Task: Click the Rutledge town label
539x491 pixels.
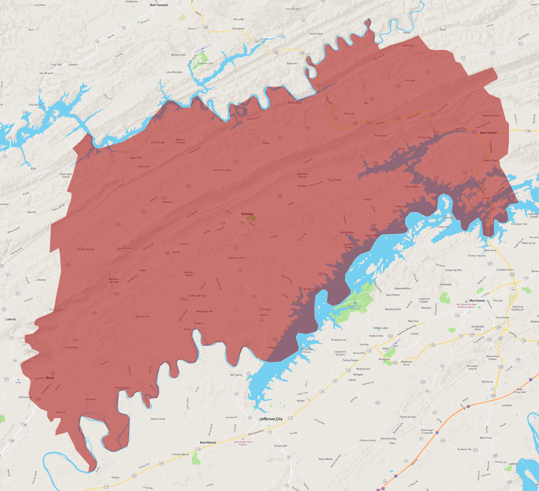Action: click(247, 214)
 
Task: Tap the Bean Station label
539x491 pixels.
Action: click(488, 133)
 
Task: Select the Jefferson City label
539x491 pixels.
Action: click(271, 419)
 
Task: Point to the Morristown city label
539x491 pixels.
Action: click(477, 301)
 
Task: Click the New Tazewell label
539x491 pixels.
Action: click(159, 5)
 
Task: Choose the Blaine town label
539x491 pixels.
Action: click(50, 378)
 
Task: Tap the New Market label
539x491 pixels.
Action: click(208, 442)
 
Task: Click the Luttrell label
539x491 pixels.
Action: click(11, 319)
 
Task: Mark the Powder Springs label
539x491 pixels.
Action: click(85, 249)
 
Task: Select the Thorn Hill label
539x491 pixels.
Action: click(349, 114)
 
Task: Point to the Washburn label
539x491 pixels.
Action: click(168, 202)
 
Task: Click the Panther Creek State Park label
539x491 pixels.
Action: click(355, 307)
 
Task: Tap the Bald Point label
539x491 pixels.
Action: click(408, 46)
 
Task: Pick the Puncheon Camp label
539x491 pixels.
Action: click(222, 170)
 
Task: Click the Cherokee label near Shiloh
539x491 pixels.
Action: click(265, 309)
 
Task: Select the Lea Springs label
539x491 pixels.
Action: click(72, 347)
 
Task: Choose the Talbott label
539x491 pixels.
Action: click(352, 380)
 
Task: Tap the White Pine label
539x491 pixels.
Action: click(485, 438)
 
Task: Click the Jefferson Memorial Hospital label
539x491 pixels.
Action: click(243, 443)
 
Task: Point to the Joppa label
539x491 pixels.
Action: click(143, 270)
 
